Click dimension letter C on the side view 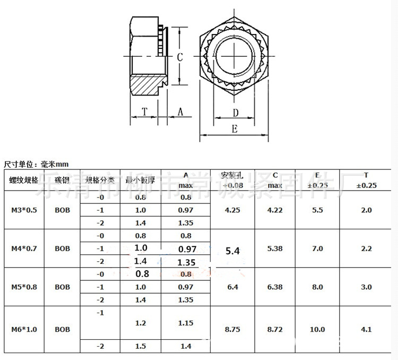180,58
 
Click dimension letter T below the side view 145,112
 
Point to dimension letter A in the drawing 180,112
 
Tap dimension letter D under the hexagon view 236,113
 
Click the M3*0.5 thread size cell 24,210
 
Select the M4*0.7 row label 24,248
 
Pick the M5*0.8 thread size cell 24,287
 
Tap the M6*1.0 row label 24,329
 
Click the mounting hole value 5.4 232,250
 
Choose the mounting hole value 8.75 232,329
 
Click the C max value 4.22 275,210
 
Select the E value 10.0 317,329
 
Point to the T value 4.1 366,329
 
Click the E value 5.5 317,210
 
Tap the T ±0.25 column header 366,180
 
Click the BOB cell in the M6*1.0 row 62,329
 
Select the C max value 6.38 275,287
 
